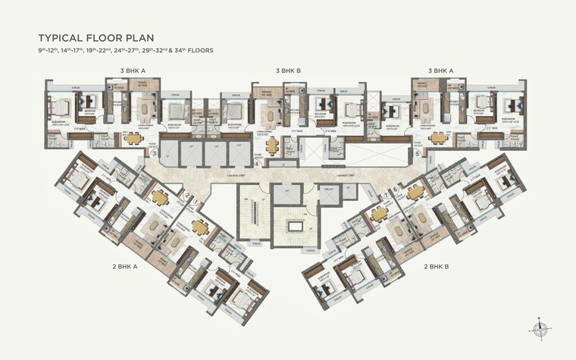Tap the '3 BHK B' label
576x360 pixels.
click(x=289, y=70)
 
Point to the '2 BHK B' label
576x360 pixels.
click(x=437, y=267)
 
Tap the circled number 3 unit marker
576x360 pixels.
click(x=154, y=154)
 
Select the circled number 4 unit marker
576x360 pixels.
click(x=257, y=163)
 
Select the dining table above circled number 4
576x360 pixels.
click(x=271, y=142)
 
